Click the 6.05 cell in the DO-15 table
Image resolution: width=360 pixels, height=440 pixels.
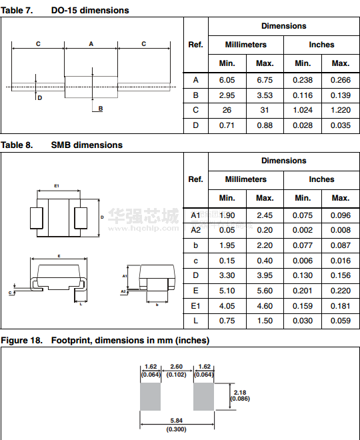point(227,80)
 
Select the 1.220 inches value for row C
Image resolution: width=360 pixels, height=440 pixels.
point(341,110)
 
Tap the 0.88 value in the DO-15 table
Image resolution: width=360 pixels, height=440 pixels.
point(265,125)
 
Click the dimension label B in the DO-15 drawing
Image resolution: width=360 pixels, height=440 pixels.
point(101,109)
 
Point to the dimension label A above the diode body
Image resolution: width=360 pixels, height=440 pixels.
point(91,44)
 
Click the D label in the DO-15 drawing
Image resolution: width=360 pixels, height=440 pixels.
point(40,98)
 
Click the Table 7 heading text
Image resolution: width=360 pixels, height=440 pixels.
point(17,11)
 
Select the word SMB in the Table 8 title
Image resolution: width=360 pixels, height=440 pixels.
point(61,145)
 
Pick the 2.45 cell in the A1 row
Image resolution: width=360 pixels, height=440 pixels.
point(265,215)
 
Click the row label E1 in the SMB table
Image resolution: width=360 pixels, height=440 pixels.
point(195,306)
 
